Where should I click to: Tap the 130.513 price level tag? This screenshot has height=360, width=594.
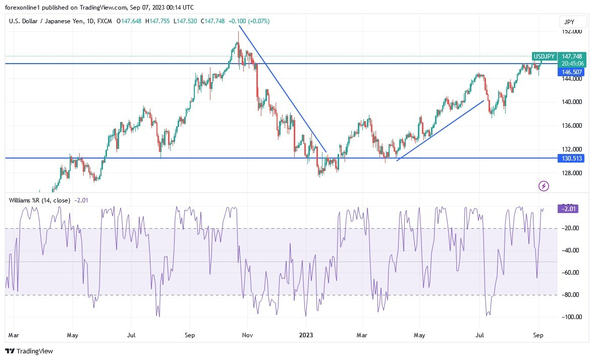pos(571,159)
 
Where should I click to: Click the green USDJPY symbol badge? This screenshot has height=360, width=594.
pos(544,57)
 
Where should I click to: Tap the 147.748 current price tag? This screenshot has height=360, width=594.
pos(573,57)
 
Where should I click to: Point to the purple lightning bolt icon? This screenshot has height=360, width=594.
pos(544,186)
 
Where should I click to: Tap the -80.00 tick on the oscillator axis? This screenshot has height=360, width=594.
pos(571,295)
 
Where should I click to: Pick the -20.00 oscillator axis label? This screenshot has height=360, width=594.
pos(571,228)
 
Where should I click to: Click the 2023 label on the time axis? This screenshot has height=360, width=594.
pos(307,335)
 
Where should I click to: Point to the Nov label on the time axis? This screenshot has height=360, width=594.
pos(247,335)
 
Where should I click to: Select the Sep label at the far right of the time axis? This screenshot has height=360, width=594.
pos(538,335)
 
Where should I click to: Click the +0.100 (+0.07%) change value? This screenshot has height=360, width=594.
pos(249,21)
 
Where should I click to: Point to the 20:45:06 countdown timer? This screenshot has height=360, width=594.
pos(573,64)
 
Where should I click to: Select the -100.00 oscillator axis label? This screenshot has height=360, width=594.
pos(571,317)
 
